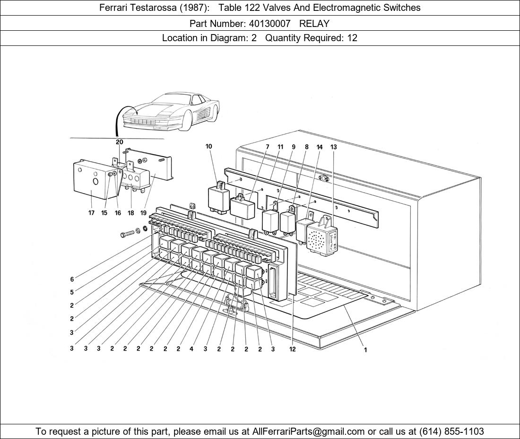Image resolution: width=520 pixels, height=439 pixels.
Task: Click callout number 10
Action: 208,146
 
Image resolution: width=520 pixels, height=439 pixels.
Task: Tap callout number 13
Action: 334,147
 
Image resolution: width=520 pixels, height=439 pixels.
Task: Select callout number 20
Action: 120,142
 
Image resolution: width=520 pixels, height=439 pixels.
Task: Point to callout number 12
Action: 292,349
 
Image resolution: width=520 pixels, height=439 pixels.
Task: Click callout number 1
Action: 365,350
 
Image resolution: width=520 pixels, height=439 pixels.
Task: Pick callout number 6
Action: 72,280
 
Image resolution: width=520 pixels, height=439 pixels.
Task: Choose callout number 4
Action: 191,349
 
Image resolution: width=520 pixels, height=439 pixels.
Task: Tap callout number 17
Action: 91,213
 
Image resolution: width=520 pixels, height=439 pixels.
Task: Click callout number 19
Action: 143,213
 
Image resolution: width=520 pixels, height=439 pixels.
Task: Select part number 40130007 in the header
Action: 269,24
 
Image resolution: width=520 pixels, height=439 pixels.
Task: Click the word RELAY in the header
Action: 314,24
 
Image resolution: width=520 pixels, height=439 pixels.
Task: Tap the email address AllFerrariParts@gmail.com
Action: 309,431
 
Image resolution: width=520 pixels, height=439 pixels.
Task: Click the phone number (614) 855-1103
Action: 451,431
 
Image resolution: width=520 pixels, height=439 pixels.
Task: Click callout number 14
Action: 320,147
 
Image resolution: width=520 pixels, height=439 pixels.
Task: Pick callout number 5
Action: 72,292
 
